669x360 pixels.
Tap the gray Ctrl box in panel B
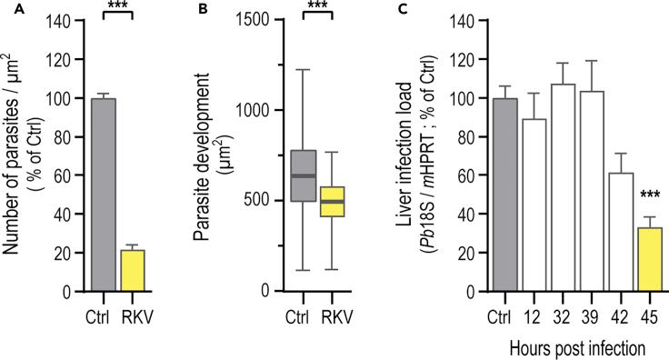click(303, 175)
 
